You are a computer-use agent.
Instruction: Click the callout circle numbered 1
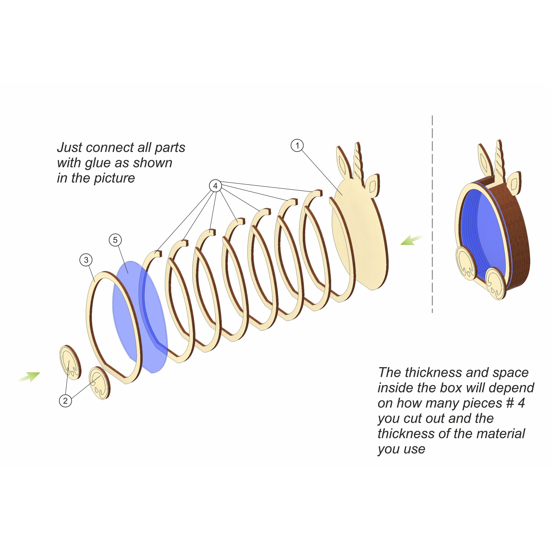tap(297, 145)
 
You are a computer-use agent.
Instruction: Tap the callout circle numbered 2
tap(65, 401)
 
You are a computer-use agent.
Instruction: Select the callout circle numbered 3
tap(86, 260)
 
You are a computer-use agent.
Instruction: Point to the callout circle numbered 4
tap(215, 186)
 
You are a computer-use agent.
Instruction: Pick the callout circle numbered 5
tap(115, 240)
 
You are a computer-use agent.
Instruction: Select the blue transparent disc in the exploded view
tap(140, 317)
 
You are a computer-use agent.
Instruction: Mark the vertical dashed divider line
tap(432, 214)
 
